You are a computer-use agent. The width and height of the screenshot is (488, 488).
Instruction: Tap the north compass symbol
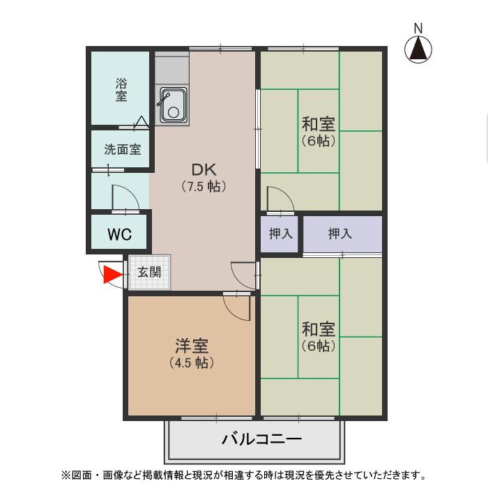tap(418, 49)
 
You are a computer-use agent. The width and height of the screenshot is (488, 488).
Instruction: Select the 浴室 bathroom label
tap(121, 90)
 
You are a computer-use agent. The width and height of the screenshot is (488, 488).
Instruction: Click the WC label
tap(119, 234)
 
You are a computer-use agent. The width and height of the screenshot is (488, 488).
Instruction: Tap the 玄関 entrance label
tap(148, 272)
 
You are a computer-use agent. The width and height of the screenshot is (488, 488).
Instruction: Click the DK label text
tap(204, 169)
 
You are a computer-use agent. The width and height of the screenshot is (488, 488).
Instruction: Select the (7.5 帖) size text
tap(204, 187)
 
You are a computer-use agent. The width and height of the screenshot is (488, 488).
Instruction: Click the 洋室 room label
tap(192, 346)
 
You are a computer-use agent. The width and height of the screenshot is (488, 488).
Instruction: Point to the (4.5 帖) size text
tap(192, 363)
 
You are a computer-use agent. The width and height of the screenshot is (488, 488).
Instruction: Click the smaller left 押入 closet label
tap(280, 234)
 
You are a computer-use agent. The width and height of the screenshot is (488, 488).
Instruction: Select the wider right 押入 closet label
tap(340, 234)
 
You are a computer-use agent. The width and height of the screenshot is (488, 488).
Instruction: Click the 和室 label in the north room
tap(319, 125)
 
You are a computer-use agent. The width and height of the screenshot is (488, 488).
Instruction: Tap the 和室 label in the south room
tap(319, 328)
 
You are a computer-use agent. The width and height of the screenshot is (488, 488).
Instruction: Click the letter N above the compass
tap(418, 28)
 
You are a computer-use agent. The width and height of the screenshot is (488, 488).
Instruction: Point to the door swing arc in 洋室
tap(237, 307)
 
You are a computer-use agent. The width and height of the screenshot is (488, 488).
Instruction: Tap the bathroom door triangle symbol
tap(141, 122)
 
